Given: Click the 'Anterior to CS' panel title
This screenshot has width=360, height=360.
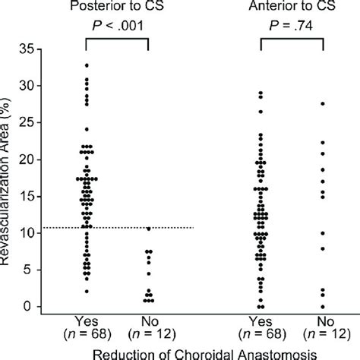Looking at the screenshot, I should coord(291,7).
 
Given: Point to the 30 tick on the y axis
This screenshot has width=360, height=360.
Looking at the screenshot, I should coord(27,86).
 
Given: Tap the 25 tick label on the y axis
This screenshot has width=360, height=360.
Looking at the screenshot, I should coord(27,123).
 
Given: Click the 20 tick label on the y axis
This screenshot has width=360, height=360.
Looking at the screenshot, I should coord(27,159).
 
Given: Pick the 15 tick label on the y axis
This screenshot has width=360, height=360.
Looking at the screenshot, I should coord(27,196).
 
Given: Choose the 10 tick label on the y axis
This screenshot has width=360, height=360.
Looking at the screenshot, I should coord(27,233).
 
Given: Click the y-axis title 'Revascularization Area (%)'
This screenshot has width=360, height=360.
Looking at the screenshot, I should coord(9,178).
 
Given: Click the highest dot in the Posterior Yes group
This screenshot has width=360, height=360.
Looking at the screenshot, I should coord(86,65).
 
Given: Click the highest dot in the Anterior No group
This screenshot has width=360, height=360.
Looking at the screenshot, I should coord(324,103).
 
